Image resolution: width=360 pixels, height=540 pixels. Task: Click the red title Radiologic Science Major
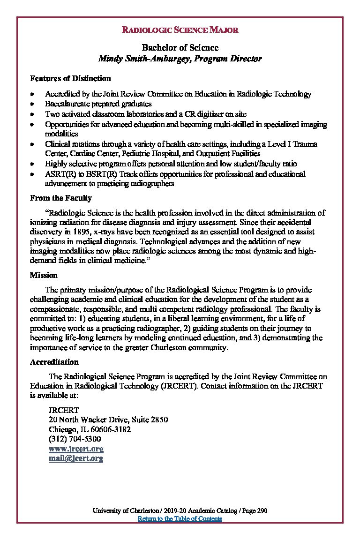[x=180, y=30]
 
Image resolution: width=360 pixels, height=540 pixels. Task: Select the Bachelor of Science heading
[x=180, y=48]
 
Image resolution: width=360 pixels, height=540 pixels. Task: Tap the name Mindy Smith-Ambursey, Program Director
[x=180, y=59]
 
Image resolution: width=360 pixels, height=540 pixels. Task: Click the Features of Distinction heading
[x=70, y=78]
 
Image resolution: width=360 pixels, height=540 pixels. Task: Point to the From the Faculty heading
[x=61, y=198]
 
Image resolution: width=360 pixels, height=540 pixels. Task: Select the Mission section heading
[x=44, y=275]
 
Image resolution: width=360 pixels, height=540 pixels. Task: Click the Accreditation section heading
[x=54, y=362]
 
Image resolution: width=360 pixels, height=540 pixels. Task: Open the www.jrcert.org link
[x=76, y=449]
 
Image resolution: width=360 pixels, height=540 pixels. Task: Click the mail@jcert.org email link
[x=76, y=458]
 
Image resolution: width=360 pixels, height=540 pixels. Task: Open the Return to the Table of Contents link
[x=180, y=518]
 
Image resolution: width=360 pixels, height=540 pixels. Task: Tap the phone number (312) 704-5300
[x=75, y=439]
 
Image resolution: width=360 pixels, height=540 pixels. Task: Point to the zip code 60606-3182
[x=112, y=429]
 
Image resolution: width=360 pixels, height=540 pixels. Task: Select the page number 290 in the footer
[x=262, y=510]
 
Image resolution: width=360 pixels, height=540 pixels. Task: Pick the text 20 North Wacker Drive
[x=87, y=420]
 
